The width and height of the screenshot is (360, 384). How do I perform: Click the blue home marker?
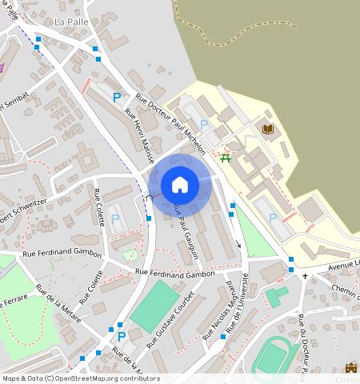click(180, 185)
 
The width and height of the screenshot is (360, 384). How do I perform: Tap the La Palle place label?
click(70, 22)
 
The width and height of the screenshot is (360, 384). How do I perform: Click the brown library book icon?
click(267, 129)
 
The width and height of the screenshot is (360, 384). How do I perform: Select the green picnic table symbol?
click(226, 158)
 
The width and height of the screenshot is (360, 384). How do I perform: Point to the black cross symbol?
click(305, 276)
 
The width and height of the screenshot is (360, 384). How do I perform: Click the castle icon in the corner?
click(350, 368)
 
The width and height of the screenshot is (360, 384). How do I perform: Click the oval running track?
click(274, 357)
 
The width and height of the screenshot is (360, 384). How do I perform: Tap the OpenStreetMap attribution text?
click(80, 378)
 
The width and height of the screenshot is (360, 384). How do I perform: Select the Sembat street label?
click(15, 101)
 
